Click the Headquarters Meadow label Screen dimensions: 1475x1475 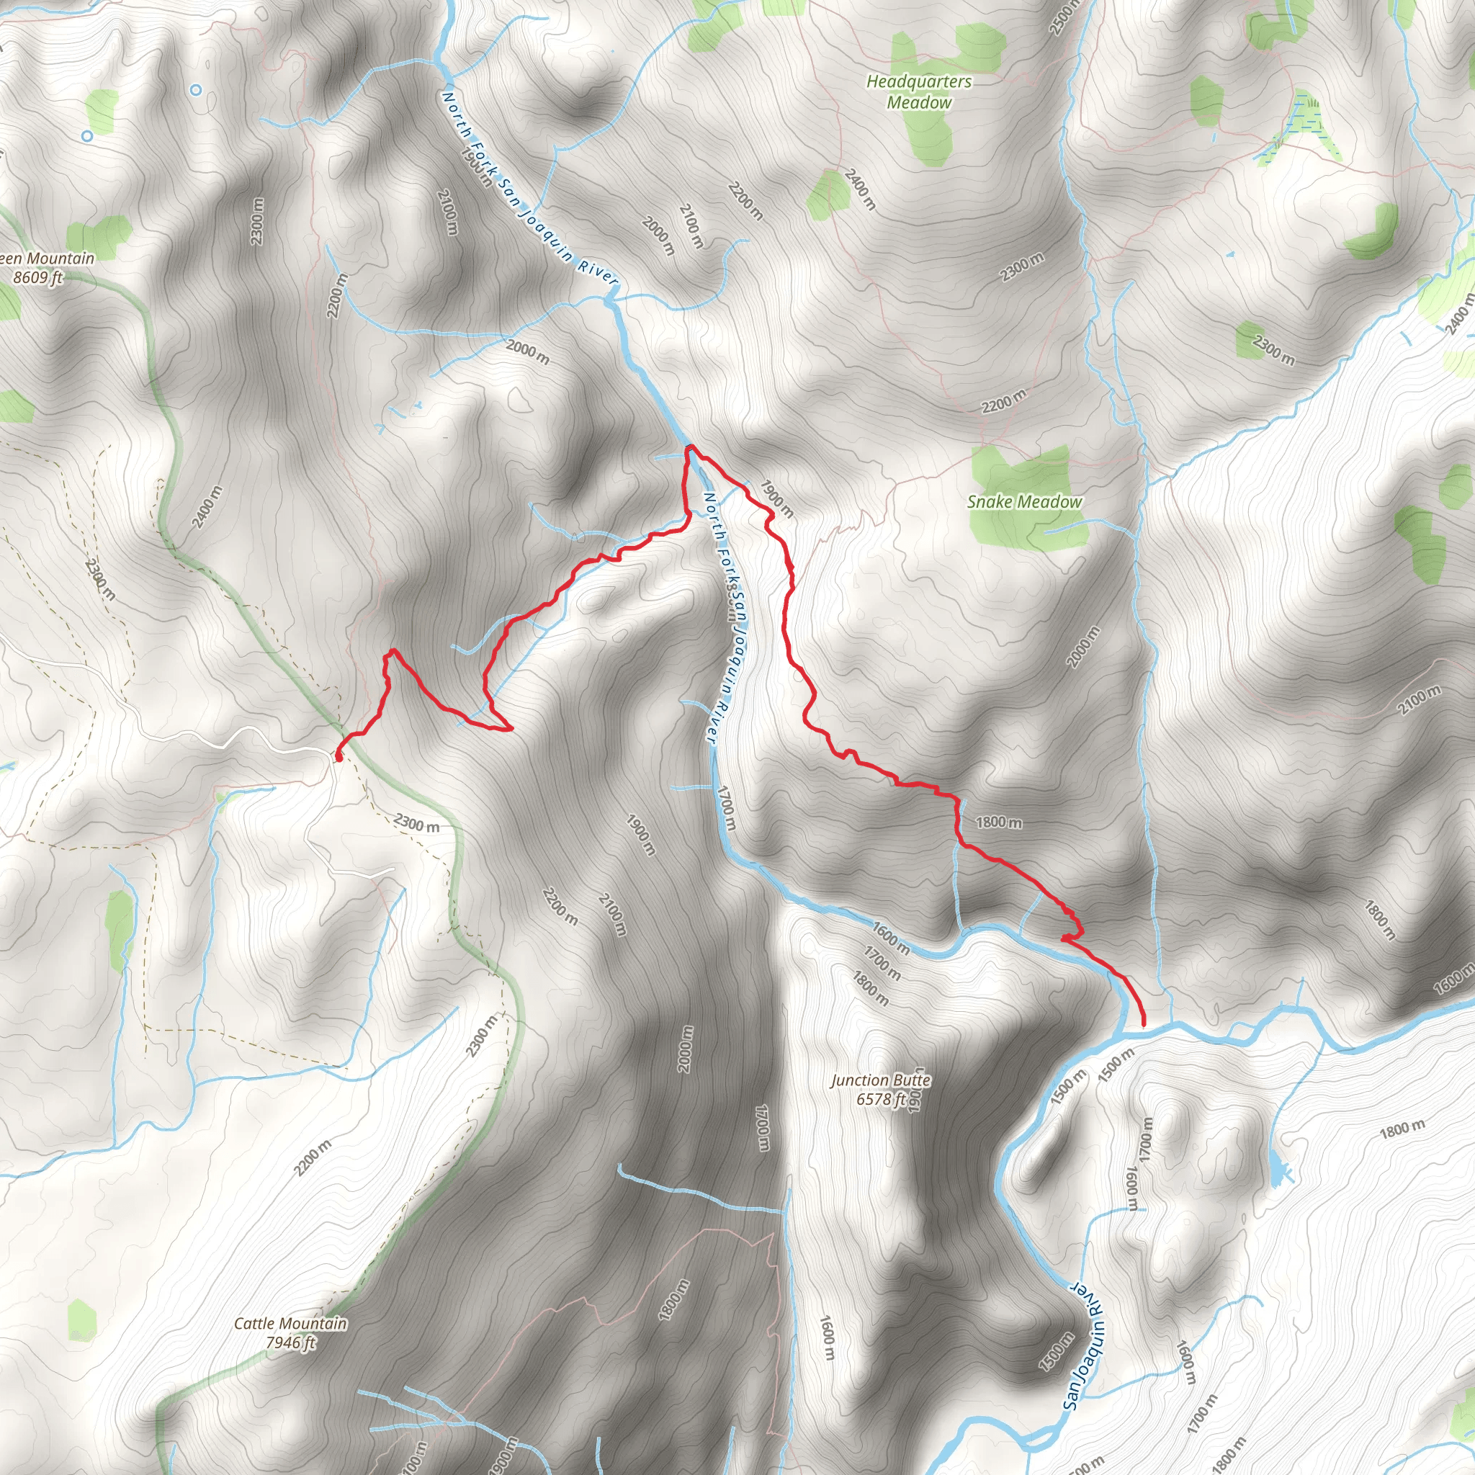pyautogui.click(x=919, y=91)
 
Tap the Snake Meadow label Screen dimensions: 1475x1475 pyautogui.click(x=1025, y=501)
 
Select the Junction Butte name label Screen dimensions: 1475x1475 pyautogui.click(x=880, y=1080)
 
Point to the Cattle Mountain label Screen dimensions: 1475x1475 pyautogui.click(x=290, y=1323)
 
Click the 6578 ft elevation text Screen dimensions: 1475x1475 pyautogui.click(x=880, y=1099)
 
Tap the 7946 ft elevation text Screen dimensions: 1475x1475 pyautogui.click(x=290, y=1342)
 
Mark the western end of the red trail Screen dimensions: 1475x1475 pyautogui.click(x=338, y=757)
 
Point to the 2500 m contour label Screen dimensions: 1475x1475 pyautogui.click(x=1063, y=17)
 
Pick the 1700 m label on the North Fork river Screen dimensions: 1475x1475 pyautogui.click(x=726, y=810)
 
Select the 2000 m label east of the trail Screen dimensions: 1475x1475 pyautogui.click(x=1084, y=647)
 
